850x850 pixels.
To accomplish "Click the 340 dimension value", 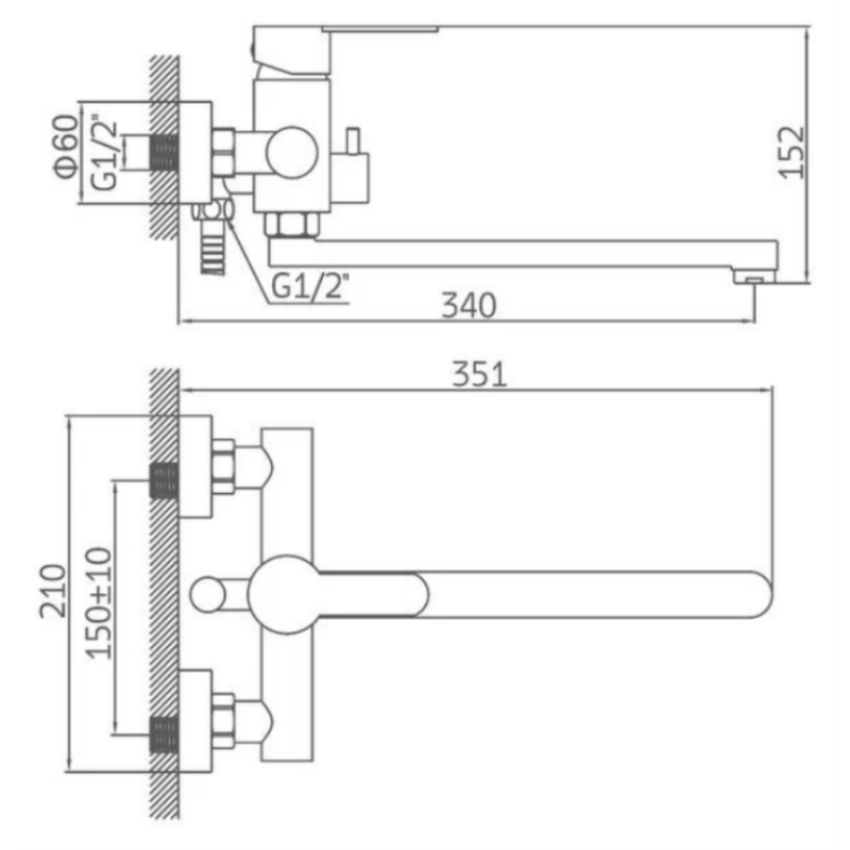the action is (x=468, y=305).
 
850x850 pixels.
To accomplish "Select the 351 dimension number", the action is (x=480, y=374).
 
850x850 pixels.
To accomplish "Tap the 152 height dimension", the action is (x=791, y=152).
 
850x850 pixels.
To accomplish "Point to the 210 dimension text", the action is (x=53, y=591).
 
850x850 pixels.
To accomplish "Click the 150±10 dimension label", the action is (x=99, y=603).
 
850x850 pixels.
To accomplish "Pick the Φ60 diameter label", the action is (x=66, y=146).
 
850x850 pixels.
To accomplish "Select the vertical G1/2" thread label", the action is (x=104, y=152).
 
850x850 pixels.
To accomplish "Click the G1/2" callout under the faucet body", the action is (x=310, y=285).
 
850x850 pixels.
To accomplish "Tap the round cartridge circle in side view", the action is (x=292, y=153).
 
